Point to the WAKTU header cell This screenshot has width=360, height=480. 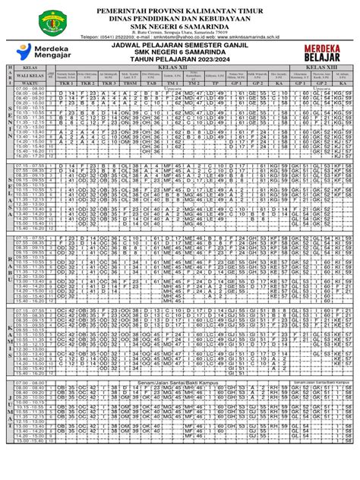point(30,84)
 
